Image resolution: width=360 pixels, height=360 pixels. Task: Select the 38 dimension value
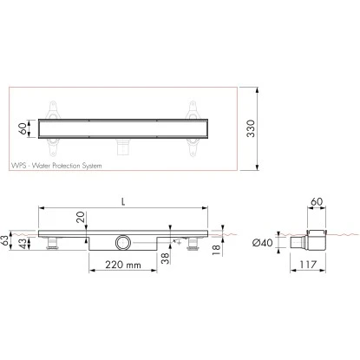coord(165,258)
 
